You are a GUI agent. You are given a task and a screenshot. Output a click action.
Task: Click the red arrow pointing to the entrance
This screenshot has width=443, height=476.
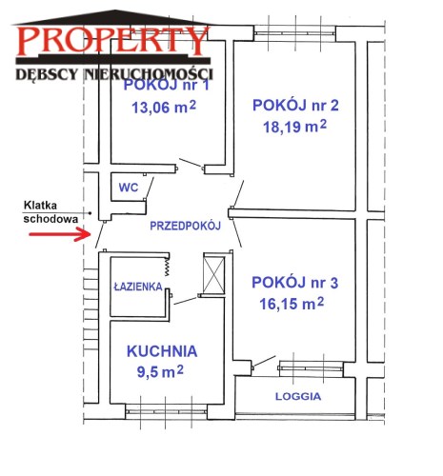point(60,234)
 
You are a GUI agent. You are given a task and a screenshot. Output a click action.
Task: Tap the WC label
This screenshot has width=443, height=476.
point(129,188)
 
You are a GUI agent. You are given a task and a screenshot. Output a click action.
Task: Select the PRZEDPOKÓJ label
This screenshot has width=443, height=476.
point(185,226)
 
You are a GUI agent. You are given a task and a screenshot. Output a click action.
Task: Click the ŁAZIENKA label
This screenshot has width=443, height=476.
point(138,287)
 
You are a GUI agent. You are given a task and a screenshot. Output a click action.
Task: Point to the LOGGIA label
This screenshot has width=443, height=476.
point(298,396)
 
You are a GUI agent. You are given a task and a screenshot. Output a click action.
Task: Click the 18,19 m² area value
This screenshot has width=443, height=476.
point(294,127)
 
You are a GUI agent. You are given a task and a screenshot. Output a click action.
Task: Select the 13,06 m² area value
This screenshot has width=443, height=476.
point(164,108)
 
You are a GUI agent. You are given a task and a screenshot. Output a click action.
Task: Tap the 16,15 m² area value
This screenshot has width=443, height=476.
point(292,304)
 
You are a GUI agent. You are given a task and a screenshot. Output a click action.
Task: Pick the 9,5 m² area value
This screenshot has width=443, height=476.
point(160,371)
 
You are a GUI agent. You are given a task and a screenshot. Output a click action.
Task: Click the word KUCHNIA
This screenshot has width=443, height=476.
point(162,351)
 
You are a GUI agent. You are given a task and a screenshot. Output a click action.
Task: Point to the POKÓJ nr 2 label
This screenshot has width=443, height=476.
point(295,106)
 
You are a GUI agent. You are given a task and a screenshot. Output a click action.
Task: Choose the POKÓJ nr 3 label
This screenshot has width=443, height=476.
point(294,283)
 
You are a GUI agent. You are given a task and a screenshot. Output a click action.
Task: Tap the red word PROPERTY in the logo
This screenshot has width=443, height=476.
point(113,41)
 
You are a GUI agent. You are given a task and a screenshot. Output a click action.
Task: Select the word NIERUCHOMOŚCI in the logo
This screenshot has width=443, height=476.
point(149,74)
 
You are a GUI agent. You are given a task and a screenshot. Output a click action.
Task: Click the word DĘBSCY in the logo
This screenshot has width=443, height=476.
point(47,74)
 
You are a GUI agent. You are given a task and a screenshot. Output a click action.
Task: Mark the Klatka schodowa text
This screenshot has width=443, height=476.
point(50,212)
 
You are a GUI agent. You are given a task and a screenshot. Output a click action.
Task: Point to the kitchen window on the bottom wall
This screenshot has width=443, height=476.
point(166,412)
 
